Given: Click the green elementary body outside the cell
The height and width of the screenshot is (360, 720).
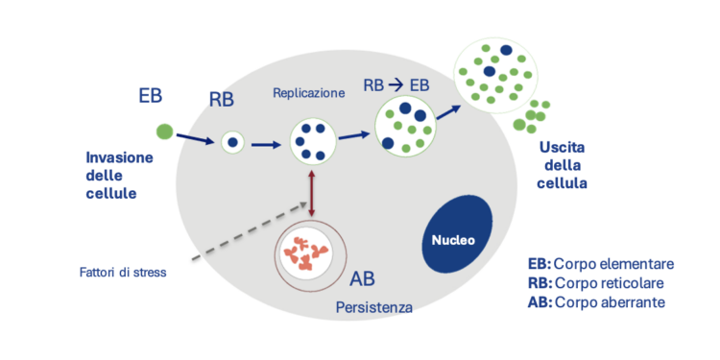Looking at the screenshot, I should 164,130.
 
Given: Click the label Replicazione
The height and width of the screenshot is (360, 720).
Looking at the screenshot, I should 308,93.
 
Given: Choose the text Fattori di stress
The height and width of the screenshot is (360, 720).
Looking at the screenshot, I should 123,273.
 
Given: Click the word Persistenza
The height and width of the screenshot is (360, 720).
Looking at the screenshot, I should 373,308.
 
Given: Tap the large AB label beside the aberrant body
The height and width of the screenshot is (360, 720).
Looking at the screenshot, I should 363,279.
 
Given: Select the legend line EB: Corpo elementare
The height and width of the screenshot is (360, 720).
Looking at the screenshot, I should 601,263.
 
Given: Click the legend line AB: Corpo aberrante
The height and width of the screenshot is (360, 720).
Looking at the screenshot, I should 596,302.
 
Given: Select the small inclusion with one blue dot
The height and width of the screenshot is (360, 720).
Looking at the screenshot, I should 233,143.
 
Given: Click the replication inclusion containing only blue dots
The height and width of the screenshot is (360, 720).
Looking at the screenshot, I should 312,141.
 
